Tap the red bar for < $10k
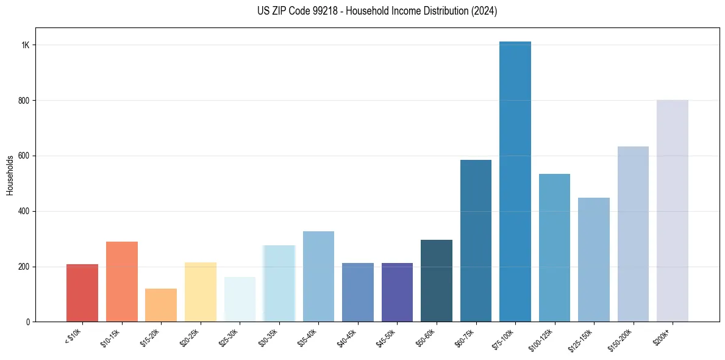(82, 293)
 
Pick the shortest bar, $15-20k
(161, 305)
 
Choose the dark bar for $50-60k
(437, 281)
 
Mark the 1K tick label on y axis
(26, 45)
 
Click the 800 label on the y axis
(24, 100)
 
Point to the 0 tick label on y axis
(28, 322)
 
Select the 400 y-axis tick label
(24, 211)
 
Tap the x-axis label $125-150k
(581, 339)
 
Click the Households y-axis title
(10, 175)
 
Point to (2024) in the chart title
(484, 11)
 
